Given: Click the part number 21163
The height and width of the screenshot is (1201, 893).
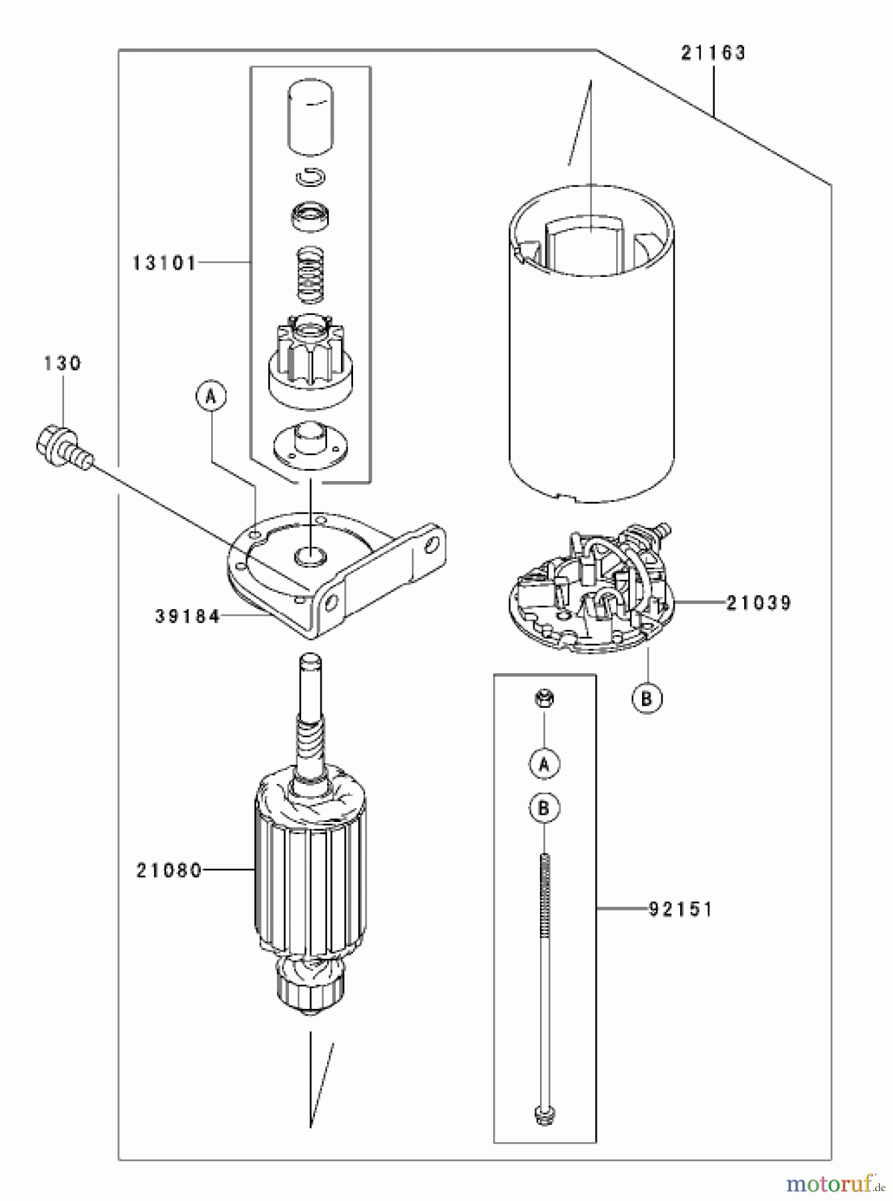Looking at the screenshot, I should [x=713, y=53].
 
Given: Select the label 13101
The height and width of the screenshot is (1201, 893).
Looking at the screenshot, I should [x=164, y=264].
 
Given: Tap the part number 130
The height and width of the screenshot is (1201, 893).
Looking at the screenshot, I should [x=63, y=364].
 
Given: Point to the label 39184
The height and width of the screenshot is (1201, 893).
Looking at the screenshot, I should [x=188, y=617].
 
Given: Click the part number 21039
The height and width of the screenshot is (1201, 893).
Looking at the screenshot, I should [x=758, y=603].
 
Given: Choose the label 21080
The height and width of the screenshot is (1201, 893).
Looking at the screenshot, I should [x=169, y=871].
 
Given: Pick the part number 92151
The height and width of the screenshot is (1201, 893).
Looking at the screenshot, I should [x=681, y=909].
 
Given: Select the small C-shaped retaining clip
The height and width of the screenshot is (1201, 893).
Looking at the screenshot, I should [x=311, y=177].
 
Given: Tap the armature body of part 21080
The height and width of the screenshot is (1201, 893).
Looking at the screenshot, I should [x=310, y=874].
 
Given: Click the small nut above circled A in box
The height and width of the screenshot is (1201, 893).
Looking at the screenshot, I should [x=545, y=699].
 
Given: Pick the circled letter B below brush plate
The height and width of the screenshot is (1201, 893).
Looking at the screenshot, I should [x=647, y=699].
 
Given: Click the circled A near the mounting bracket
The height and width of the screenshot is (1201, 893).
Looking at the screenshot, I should [x=211, y=396].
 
